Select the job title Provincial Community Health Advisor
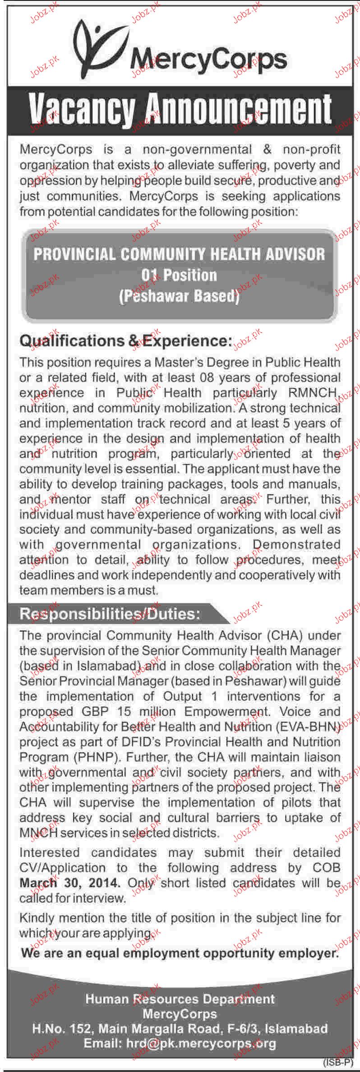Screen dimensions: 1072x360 click(x=180, y=254)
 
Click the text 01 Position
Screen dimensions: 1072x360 click(x=179, y=275)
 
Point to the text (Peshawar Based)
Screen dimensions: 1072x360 click(x=179, y=296)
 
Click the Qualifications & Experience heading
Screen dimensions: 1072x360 click(x=125, y=341)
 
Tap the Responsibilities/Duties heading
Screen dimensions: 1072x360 click(x=110, y=614)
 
